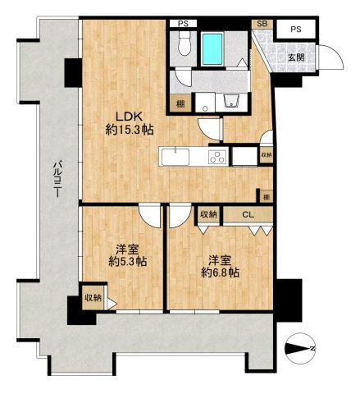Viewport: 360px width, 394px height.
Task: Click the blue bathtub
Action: click(x=212, y=48)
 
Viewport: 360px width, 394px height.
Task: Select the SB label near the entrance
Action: click(x=262, y=24)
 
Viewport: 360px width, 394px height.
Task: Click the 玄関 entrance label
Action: click(x=297, y=57)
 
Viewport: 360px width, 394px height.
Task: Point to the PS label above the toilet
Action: click(x=183, y=24)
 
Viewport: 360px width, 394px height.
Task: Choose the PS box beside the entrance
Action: click(x=296, y=29)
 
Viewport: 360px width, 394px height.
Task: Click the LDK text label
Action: click(x=129, y=117)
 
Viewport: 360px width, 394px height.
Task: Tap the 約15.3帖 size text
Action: click(x=130, y=130)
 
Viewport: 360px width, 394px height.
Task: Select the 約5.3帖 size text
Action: click(x=128, y=262)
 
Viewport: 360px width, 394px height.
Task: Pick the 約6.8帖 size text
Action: click(x=221, y=273)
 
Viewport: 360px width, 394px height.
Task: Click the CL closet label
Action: click(x=248, y=214)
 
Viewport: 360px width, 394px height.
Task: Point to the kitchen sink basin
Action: click(x=175, y=157)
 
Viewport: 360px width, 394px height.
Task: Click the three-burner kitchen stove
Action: click(x=218, y=157)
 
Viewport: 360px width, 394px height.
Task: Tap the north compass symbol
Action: click(x=300, y=349)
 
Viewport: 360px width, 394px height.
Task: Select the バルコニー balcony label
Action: click(x=57, y=179)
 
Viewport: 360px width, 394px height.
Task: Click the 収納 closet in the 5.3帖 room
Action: click(x=93, y=297)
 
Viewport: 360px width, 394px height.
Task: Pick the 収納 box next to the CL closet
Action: click(x=209, y=214)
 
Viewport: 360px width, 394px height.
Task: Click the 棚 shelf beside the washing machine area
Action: click(x=180, y=103)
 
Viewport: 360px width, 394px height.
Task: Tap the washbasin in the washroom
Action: click(x=232, y=102)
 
